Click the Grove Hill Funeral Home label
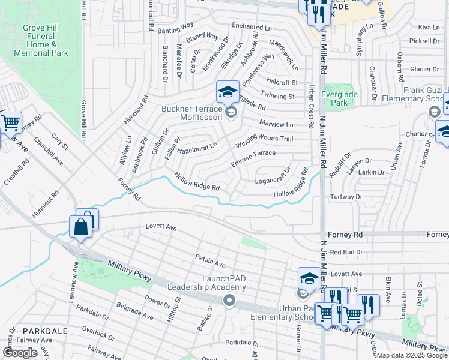[x=45, y=40]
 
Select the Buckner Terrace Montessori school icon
[x=228, y=92]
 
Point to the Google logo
[x=20, y=353]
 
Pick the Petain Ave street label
[x=209, y=261]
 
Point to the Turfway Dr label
[x=346, y=197]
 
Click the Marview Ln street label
[x=276, y=124]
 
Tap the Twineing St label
[x=277, y=95]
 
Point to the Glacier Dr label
[x=425, y=69]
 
